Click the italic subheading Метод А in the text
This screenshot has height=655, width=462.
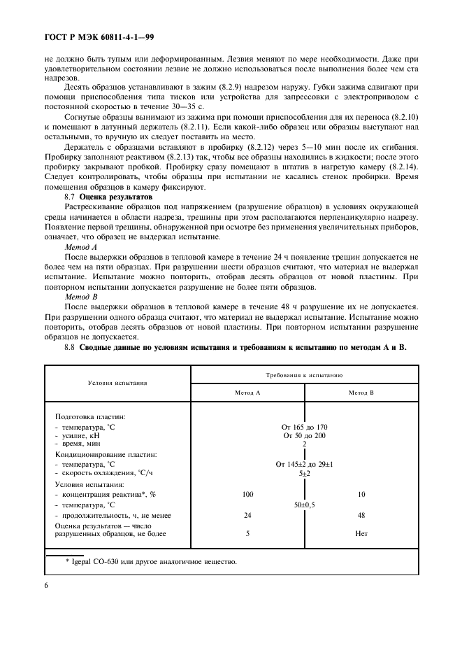pyautogui.click(x=80, y=248)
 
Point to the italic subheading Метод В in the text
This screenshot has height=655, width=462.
pyautogui.click(x=80, y=297)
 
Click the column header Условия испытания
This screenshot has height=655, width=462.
pyautogui.click(x=117, y=383)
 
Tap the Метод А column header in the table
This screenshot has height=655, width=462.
pyautogui.click(x=247, y=393)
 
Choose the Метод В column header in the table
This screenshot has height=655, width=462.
pyautogui.click(x=361, y=393)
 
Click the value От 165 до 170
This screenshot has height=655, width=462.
pyautogui.click(x=304, y=426)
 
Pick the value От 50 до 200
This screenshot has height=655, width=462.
pyautogui.click(x=304, y=435)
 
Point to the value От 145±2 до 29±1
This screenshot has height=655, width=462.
pyautogui.click(x=304, y=463)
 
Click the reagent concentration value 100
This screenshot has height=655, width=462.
pyautogui.click(x=247, y=494)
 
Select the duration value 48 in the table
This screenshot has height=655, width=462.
pyautogui.click(x=361, y=515)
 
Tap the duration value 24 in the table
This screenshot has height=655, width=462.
pyautogui.click(x=247, y=515)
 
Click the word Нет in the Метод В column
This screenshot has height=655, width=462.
pyautogui.click(x=361, y=534)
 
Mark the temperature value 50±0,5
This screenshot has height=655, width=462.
pyautogui.click(x=304, y=504)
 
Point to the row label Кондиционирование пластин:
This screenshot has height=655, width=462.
pyautogui.click(x=106, y=453)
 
